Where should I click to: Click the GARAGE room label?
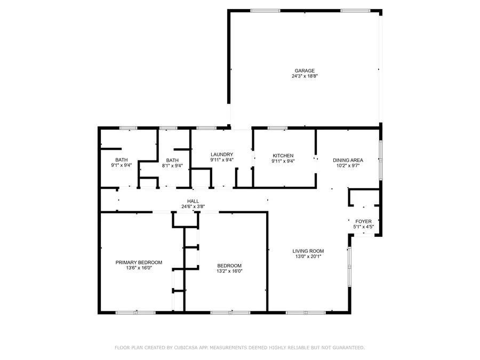tap(305, 70)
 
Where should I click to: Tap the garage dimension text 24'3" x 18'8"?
tap(305, 76)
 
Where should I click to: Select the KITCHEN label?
tap(283, 155)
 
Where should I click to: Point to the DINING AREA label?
tap(348, 160)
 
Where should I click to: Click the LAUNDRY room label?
tap(222, 154)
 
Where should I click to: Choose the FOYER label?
tap(364, 221)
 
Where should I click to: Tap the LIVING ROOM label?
tap(308, 251)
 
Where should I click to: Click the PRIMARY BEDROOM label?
tap(139, 262)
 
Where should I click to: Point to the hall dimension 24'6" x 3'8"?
tap(193, 206)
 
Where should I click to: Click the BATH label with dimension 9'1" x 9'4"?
tap(122, 160)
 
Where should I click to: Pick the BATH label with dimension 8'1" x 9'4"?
tap(172, 160)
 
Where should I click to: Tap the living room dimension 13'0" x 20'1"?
tap(308, 256)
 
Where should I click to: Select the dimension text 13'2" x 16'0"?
tap(229, 271)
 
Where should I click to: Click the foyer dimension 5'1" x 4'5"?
tap(364, 227)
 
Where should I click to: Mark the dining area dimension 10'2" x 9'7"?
tap(348, 165)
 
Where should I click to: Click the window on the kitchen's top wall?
tap(277, 128)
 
